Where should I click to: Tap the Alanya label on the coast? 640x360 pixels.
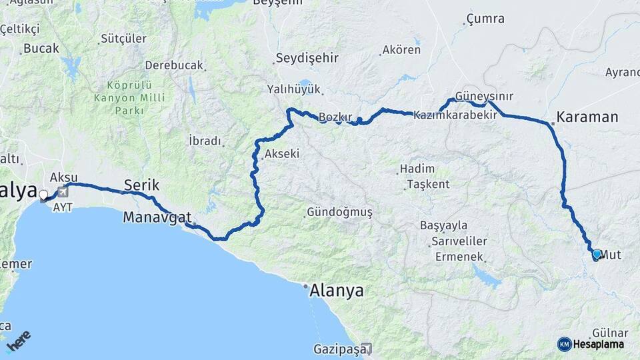tap(337, 291)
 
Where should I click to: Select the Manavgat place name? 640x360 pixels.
tap(157, 217)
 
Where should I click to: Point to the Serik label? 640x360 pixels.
tap(141, 185)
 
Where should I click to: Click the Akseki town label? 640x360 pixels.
tap(282, 154)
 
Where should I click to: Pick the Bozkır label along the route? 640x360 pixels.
tap(335, 117)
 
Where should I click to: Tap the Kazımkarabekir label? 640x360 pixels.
tap(455, 115)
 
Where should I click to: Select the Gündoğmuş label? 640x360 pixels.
tap(339, 213)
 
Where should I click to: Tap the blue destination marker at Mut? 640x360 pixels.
tap(597, 254)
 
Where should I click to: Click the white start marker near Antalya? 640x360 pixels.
tap(44, 195)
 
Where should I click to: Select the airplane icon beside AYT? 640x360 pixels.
tap(64, 193)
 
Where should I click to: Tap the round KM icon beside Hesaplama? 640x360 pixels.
tap(565, 344)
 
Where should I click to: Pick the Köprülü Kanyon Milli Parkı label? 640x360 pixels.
tap(129, 97)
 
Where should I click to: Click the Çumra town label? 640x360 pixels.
tap(485, 19)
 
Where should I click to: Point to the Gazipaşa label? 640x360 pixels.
tap(339, 349)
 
